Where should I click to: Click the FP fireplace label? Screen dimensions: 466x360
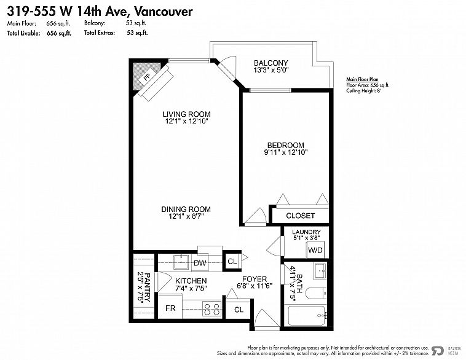[x=147, y=77]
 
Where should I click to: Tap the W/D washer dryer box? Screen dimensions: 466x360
[x=315, y=250]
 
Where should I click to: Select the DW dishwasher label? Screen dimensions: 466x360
[x=200, y=263]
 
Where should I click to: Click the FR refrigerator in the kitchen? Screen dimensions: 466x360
[x=170, y=308]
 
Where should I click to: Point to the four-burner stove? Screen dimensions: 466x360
[x=212, y=308]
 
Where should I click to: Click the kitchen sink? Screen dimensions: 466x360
[x=181, y=262]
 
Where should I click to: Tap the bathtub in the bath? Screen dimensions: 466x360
[x=307, y=316]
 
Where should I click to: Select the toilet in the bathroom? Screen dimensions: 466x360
[x=316, y=294]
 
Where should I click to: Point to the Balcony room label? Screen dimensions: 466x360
[x=271, y=63]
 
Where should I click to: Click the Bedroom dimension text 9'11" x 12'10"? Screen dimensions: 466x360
[x=286, y=152]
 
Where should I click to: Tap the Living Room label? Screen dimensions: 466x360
[x=186, y=114]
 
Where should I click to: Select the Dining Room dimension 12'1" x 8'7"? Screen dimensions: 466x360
[x=186, y=216]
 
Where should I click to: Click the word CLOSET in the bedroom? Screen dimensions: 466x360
[x=300, y=216]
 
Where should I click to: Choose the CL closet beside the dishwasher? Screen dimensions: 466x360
[x=232, y=261]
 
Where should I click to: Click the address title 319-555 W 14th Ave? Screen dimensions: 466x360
[x=69, y=11]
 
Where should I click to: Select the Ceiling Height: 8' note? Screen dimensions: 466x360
[x=363, y=90]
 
